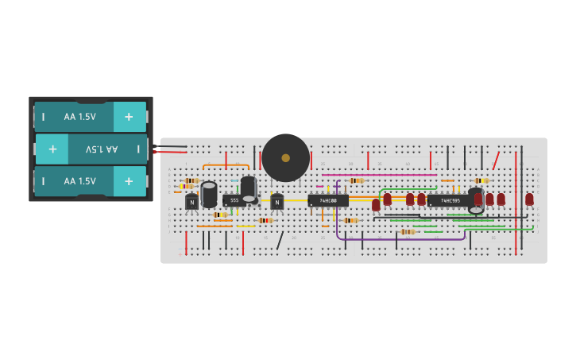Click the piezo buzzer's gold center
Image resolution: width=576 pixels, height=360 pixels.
[286, 157]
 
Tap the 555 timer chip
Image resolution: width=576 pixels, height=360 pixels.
[234, 200]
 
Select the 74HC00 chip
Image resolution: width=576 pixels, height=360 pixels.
[328, 201]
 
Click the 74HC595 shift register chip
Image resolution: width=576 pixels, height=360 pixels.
[448, 200]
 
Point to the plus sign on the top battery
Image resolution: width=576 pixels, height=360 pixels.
[129, 117]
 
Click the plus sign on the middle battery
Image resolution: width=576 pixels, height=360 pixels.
[52, 149]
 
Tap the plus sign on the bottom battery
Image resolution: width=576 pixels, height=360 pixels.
[129, 181]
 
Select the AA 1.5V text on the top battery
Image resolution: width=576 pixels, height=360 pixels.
[79, 117]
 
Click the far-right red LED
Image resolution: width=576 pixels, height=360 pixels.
[529, 199]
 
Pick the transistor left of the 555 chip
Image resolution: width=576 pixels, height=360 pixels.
[191, 202]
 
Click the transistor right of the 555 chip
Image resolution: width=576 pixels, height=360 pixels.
[276, 202]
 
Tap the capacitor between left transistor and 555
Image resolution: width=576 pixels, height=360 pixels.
[209, 194]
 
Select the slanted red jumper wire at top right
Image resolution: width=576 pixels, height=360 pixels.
[496, 161]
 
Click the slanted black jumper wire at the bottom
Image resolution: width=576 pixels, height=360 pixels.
[280, 240]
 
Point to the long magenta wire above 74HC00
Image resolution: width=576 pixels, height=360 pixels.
[379, 175]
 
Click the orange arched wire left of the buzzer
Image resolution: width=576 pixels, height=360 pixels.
[226, 165]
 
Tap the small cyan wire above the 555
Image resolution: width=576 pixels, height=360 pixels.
[235, 180]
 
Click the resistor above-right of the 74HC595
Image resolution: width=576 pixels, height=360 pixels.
[480, 180]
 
